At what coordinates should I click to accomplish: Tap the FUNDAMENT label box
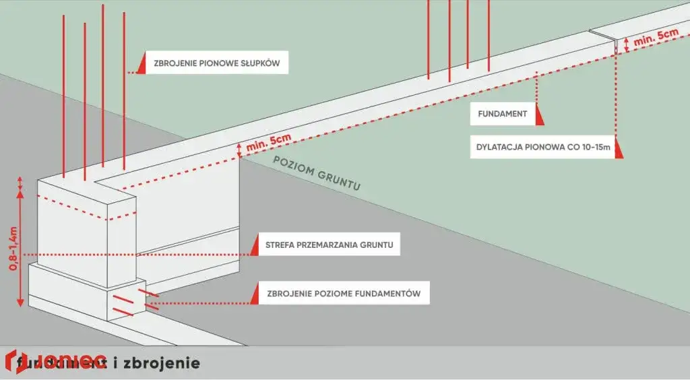(503, 115)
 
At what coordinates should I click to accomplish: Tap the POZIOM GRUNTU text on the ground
(317, 173)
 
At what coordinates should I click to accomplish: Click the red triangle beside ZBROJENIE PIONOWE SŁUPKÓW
(141, 64)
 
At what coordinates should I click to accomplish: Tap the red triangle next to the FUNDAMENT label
(540, 115)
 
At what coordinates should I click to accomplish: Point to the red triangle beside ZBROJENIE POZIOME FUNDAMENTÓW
(254, 294)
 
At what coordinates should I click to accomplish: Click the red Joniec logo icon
(14, 361)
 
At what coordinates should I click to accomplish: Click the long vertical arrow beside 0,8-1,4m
(22, 246)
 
